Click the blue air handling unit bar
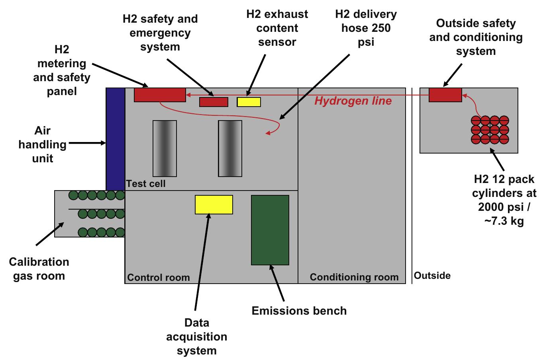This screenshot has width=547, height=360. [x=116, y=139]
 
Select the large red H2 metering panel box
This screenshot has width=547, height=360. [x=160, y=95]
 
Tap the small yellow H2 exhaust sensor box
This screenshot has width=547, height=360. [x=249, y=102]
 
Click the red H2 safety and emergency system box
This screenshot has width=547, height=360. [x=214, y=102]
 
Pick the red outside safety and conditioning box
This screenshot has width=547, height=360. [x=445, y=95]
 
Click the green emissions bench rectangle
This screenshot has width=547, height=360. [x=270, y=230]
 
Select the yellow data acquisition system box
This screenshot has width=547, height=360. [x=214, y=204]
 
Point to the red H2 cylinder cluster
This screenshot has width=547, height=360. [x=490, y=130]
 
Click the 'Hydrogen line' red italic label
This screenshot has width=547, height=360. [x=353, y=101]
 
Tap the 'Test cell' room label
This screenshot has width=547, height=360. [x=146, y=184]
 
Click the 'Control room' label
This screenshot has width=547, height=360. [x=159, y=277]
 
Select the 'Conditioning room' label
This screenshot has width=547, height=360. [x=354, y=277]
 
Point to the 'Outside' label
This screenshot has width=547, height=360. [x=432, y=276]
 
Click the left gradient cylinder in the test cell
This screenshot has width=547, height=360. [x=165, y=148]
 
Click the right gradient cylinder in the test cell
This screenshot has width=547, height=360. [x=230, y=148]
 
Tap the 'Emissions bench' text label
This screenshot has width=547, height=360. [x=299, y=311]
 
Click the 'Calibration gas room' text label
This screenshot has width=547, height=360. [x=39, y=269]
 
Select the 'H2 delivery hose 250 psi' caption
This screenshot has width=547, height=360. [x=366, y=28]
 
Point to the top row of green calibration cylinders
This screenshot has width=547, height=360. [x=97, y=195]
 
